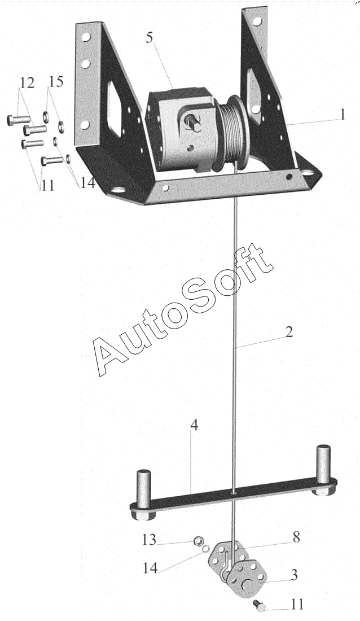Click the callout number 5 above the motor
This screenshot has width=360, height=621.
[149, 38]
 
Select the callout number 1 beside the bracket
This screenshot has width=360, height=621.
[342, 115]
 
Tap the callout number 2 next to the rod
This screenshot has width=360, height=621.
[289, 332]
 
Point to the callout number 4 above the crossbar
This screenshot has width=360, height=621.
[194, 426]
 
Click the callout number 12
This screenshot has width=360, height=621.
[27, 83]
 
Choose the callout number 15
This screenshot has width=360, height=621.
[56, 82]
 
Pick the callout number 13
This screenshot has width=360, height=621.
[149, 540]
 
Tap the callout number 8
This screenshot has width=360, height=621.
[296, 537]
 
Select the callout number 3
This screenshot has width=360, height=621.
[294, 575]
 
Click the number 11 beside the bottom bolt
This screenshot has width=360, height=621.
[297, 605]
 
